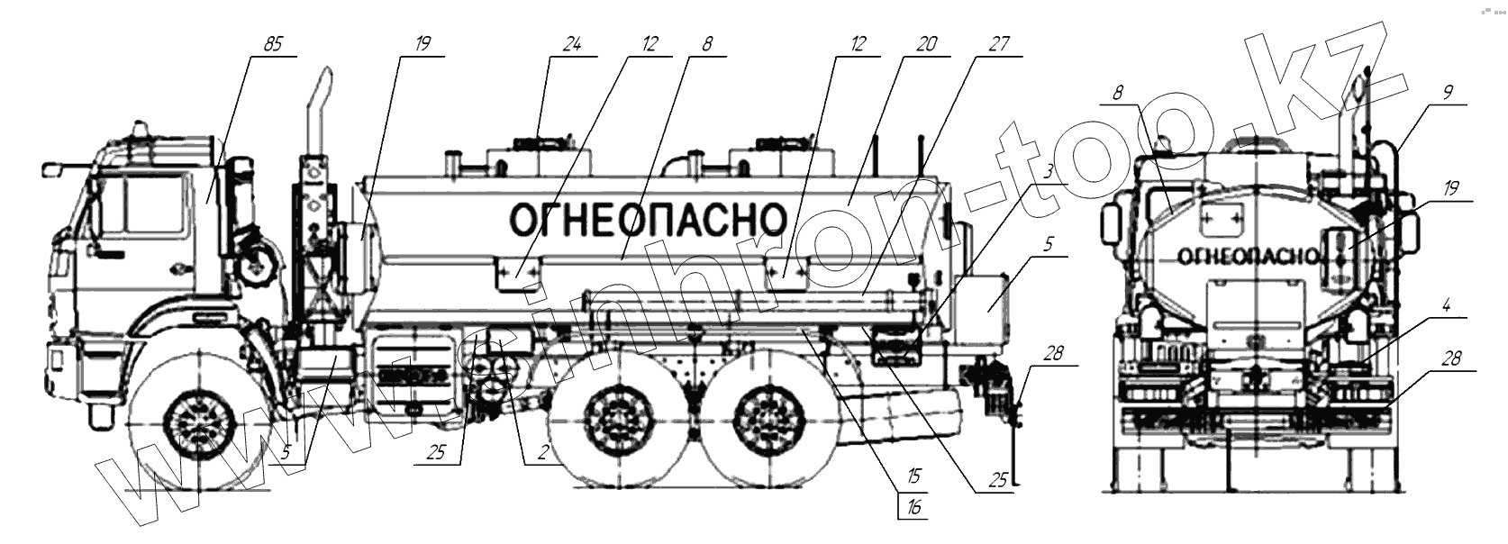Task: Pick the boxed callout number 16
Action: point(913,507)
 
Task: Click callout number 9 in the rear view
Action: point(1449,90)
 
